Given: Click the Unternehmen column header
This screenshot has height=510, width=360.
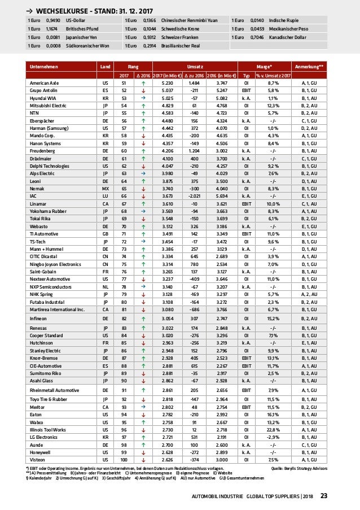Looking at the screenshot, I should coord(45,67).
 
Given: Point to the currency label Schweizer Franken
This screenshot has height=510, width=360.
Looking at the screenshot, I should coord(174,37).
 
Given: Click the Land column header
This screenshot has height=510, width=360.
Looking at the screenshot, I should coord(105,67).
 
